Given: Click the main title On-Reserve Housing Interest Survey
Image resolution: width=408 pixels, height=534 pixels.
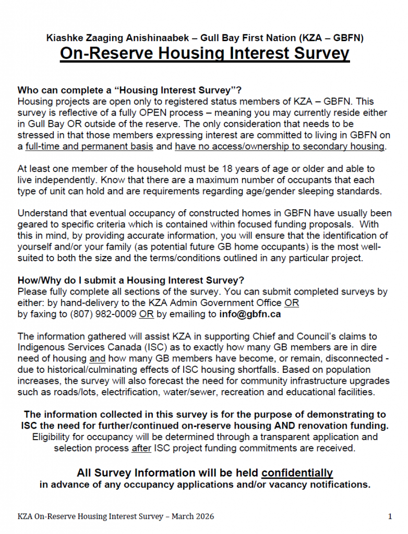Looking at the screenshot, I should pos(204,54).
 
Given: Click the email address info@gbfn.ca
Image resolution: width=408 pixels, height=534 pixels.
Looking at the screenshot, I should pos(250,314).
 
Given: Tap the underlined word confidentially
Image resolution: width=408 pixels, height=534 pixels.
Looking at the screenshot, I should pos(297,473).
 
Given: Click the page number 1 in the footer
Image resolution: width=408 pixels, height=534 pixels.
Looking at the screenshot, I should pos(390,516).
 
